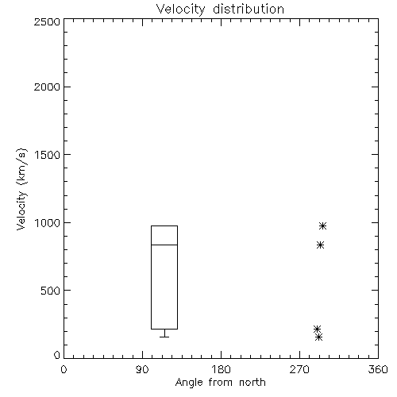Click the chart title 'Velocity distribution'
(220, 9)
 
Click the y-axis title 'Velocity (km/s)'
(21, 189)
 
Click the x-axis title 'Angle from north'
(220, 383)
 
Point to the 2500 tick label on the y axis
(47, 21)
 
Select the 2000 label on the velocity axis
(47, 87)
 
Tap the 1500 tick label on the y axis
(48, 155)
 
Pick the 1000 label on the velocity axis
(48, 223)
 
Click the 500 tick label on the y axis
(51, 291)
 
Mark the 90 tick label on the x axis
(142, 369)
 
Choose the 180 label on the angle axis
(221, 369)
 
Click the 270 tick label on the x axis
(299, 369)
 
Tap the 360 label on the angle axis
(378, 369)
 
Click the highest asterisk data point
(322, 225)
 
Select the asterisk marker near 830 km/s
(320, 245)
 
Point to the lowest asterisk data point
(319, 337)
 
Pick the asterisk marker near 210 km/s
(317, 329)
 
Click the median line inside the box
(164, 245)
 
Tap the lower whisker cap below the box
(164, 337)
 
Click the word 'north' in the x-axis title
(252, 383)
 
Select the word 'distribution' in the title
(249, 9)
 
